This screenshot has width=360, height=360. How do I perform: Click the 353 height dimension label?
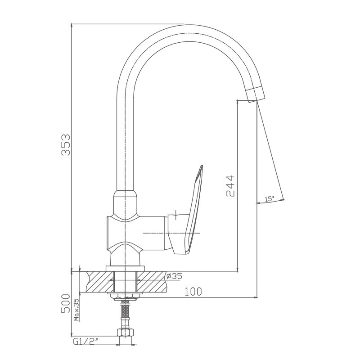click(66, 145)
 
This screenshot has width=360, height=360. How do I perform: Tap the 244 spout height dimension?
click(230, 186)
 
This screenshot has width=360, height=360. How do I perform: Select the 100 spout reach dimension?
click(193, 292)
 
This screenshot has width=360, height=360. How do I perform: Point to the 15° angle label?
click(270, 199)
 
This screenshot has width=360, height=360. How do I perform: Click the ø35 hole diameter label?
click(174, 276)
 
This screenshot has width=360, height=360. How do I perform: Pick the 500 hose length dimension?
click(66, 303)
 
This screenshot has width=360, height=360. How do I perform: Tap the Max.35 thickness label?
click(76, 310)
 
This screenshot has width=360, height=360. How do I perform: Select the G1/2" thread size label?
click(85, 342)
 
